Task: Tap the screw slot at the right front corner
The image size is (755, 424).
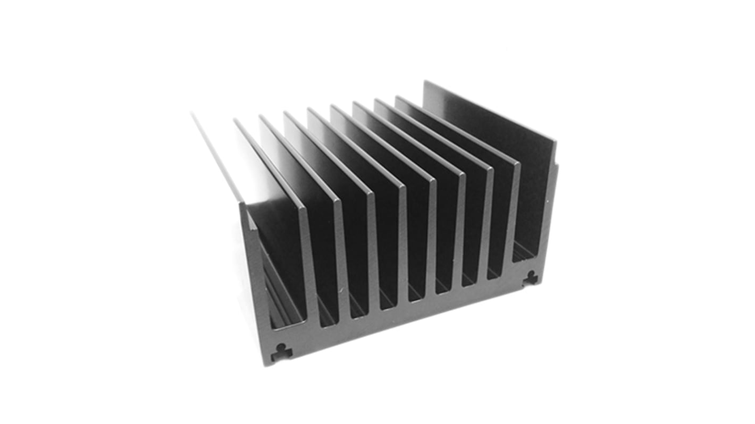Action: click(530, 277)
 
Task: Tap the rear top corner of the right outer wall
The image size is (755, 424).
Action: click(425, 82)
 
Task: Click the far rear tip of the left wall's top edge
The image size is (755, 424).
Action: click(192, 113)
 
